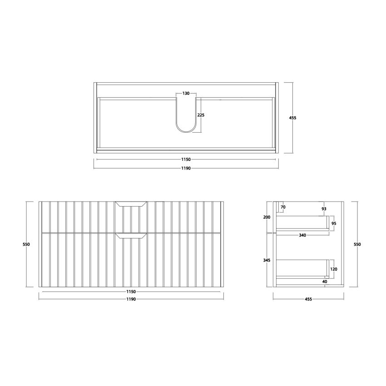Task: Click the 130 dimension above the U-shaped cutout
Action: (x=186, y=93)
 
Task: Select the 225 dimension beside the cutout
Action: (x=201, y=115)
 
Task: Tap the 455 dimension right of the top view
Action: (x=292, y=118)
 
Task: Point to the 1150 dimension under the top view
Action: (x=186, y=159)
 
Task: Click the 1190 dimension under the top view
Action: (x=186, y=168)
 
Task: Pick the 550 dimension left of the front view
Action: (x=26, y=244)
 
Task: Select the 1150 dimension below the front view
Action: (x=131, y=292)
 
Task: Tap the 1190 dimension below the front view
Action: (x=131, y=299)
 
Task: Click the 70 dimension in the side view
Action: (x=283, y=207)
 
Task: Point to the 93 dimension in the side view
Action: (x=324, y=209)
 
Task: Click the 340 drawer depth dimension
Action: (x=302, y=235)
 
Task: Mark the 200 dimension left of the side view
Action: (x=267, y=217)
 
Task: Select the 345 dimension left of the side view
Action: (x=267, y=260)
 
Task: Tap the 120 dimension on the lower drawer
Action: (x=334, y=269)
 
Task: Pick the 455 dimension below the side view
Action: (x=308, y=299)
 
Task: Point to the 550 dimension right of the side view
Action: (x=357, y=244)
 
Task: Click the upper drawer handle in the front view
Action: (x=131, y=204)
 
